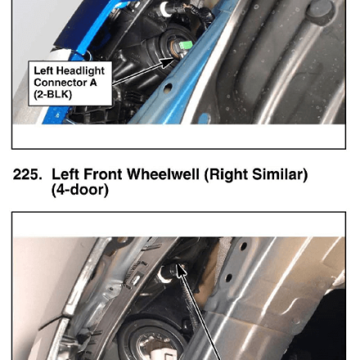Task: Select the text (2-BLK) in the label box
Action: pos(53,94)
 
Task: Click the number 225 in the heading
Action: pos(27,174)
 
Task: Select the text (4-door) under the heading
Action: pos(80,190)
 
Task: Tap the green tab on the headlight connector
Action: pos(185,44)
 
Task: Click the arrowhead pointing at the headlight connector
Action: pos(166,63)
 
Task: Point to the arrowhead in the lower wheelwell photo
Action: pos(182,271)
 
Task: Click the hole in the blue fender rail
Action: pos(168,88)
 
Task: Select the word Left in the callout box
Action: pos(43,70)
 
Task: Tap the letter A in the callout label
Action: pos(93,83)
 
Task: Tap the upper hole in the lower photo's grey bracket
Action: pos(244,246)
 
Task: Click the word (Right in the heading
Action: pos(227,174)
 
